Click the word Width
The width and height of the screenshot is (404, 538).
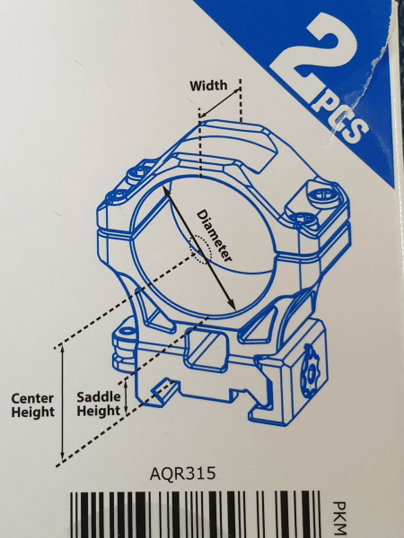point(208,85)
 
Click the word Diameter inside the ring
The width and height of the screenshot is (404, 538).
point(214,236)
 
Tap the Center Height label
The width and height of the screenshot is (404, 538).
point(33,405)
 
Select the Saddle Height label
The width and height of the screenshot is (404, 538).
point(99,403)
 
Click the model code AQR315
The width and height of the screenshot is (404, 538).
point(183,473)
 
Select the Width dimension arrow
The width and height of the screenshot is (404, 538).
point(220,102)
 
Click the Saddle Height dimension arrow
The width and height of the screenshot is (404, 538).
point(126,396)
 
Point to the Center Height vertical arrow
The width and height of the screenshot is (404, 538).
point(62,403)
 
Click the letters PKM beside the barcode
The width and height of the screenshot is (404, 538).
point(340,519)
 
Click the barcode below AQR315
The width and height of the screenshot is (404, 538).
point(196,515)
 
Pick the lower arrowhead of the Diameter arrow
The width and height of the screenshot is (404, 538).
point(232,304)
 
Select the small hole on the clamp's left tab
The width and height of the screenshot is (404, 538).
point(127,331)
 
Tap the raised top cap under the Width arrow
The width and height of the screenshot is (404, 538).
point(237,144)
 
